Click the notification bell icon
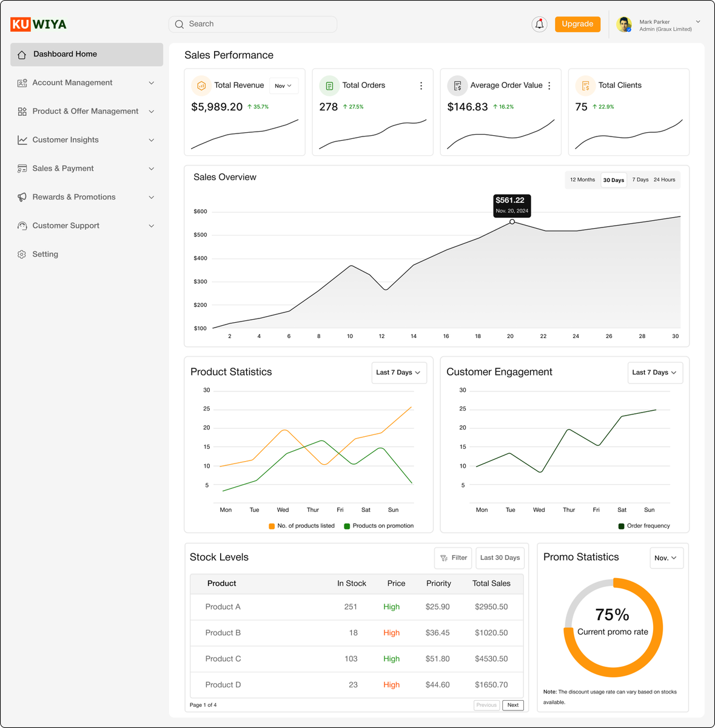(x=539, y=24)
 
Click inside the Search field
(x=255, y=24)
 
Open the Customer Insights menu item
(x=65, y=140)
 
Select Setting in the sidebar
(x=45, y=254)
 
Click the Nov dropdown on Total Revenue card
(x=283, y=86)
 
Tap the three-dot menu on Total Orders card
(x=421, y=86)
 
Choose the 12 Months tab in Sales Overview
(x=582, y=180)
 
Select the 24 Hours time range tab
(x=664, y=180)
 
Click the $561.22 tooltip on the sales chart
(x=512, y=204)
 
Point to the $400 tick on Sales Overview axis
(x=200, y=258)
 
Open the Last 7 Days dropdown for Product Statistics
(x=398, y=372)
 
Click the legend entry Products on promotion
(x=379, y=526)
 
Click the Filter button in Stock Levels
(x=453, y=558)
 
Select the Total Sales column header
(x=491, y=584)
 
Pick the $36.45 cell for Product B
(x=437, y=633)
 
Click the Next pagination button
(x=513, y=705)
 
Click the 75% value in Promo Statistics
(x=613, y=615)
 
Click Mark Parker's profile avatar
(x=623, y=24)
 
